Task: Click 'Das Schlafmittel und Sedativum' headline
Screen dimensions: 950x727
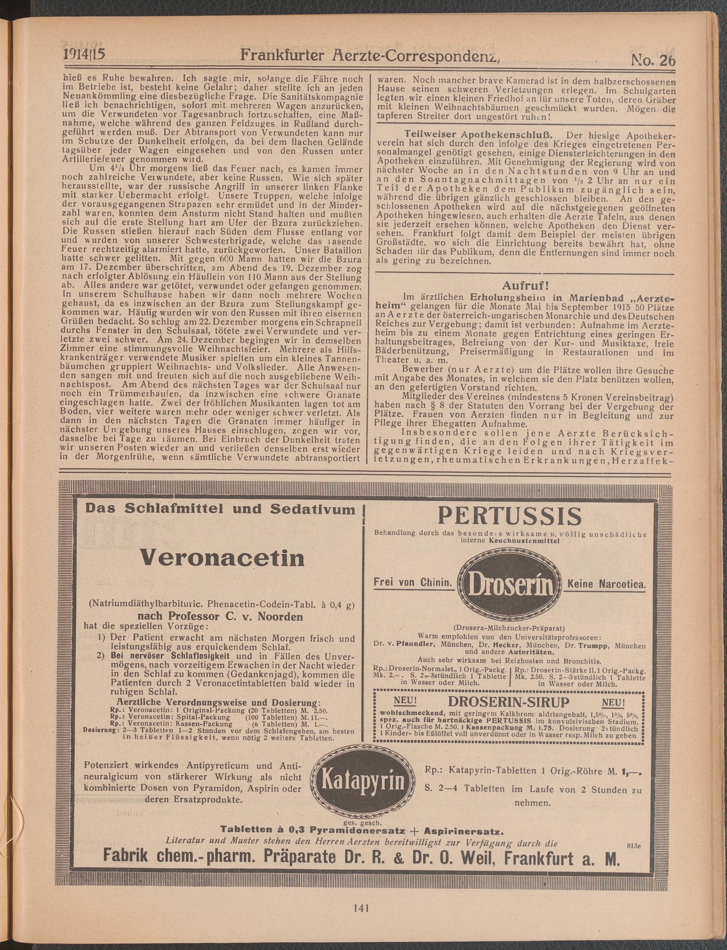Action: pos(220,509)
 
